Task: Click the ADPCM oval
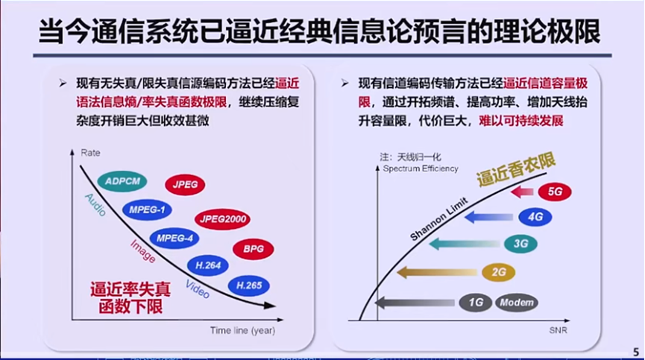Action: [x=122, y=181]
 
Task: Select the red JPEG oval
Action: [x=185, y=185]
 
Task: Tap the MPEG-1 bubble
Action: [x=147, y=210]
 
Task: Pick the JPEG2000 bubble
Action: [x=222, y=219]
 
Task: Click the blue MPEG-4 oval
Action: [x=174, y=239]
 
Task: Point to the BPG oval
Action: [x=253, y=249]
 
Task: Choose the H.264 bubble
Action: [x=208, y=265]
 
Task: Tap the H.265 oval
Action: [x=249, y=285]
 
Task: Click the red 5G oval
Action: [x=555, y=192]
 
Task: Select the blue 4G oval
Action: [x=535, y=217]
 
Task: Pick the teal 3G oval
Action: [x=520, y=244]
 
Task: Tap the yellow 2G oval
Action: [x=499, y=272]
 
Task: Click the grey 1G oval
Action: [x=476, y=303]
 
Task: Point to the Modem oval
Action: [x=517, y=303]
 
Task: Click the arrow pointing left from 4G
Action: [x=488, y=217]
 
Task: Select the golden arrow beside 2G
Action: [x=437, y=272]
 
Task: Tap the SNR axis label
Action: [x=559, y=330]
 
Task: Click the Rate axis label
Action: [x=90, y=153]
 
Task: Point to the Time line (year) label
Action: [x=242, y=330]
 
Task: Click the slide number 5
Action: [x=636, y=353]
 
